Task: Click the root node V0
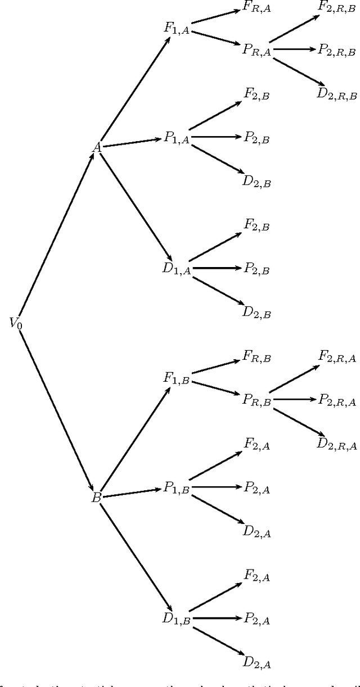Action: coord(15,323)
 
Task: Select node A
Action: coord(97,147)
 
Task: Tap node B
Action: coord(96,498)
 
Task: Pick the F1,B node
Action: coord(176,378)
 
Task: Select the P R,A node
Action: coord(256,50)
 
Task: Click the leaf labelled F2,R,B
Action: coord(336,7)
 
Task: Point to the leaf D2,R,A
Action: coord(336,445)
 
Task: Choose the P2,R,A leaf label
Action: coord(337,400)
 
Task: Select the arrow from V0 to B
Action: coord(56,410)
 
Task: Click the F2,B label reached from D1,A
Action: coord(256,225)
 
